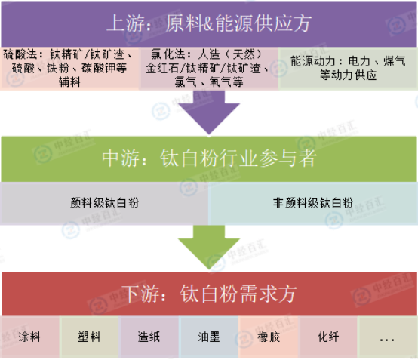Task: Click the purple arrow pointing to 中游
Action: [209, 112]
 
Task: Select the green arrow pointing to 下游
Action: [209, 247]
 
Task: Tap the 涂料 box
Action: [29, 337]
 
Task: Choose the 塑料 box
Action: [89, 337]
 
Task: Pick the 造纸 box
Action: [149, 337]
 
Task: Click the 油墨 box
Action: [209, 337]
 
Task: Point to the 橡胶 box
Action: [269, 337]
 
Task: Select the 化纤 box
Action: [328, 337]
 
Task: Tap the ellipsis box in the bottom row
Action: [387, 337]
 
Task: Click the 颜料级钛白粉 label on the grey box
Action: [104, 203]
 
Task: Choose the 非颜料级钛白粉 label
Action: [313, 203]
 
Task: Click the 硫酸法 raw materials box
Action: [69, 68]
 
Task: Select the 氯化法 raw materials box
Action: [209, 68]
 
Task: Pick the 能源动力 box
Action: [348, 68]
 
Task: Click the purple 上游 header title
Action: [209, 23]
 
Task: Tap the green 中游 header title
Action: [209, 158]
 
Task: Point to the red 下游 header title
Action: [209, 294]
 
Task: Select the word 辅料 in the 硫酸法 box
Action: [69, 82]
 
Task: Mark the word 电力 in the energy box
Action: [359, 61]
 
